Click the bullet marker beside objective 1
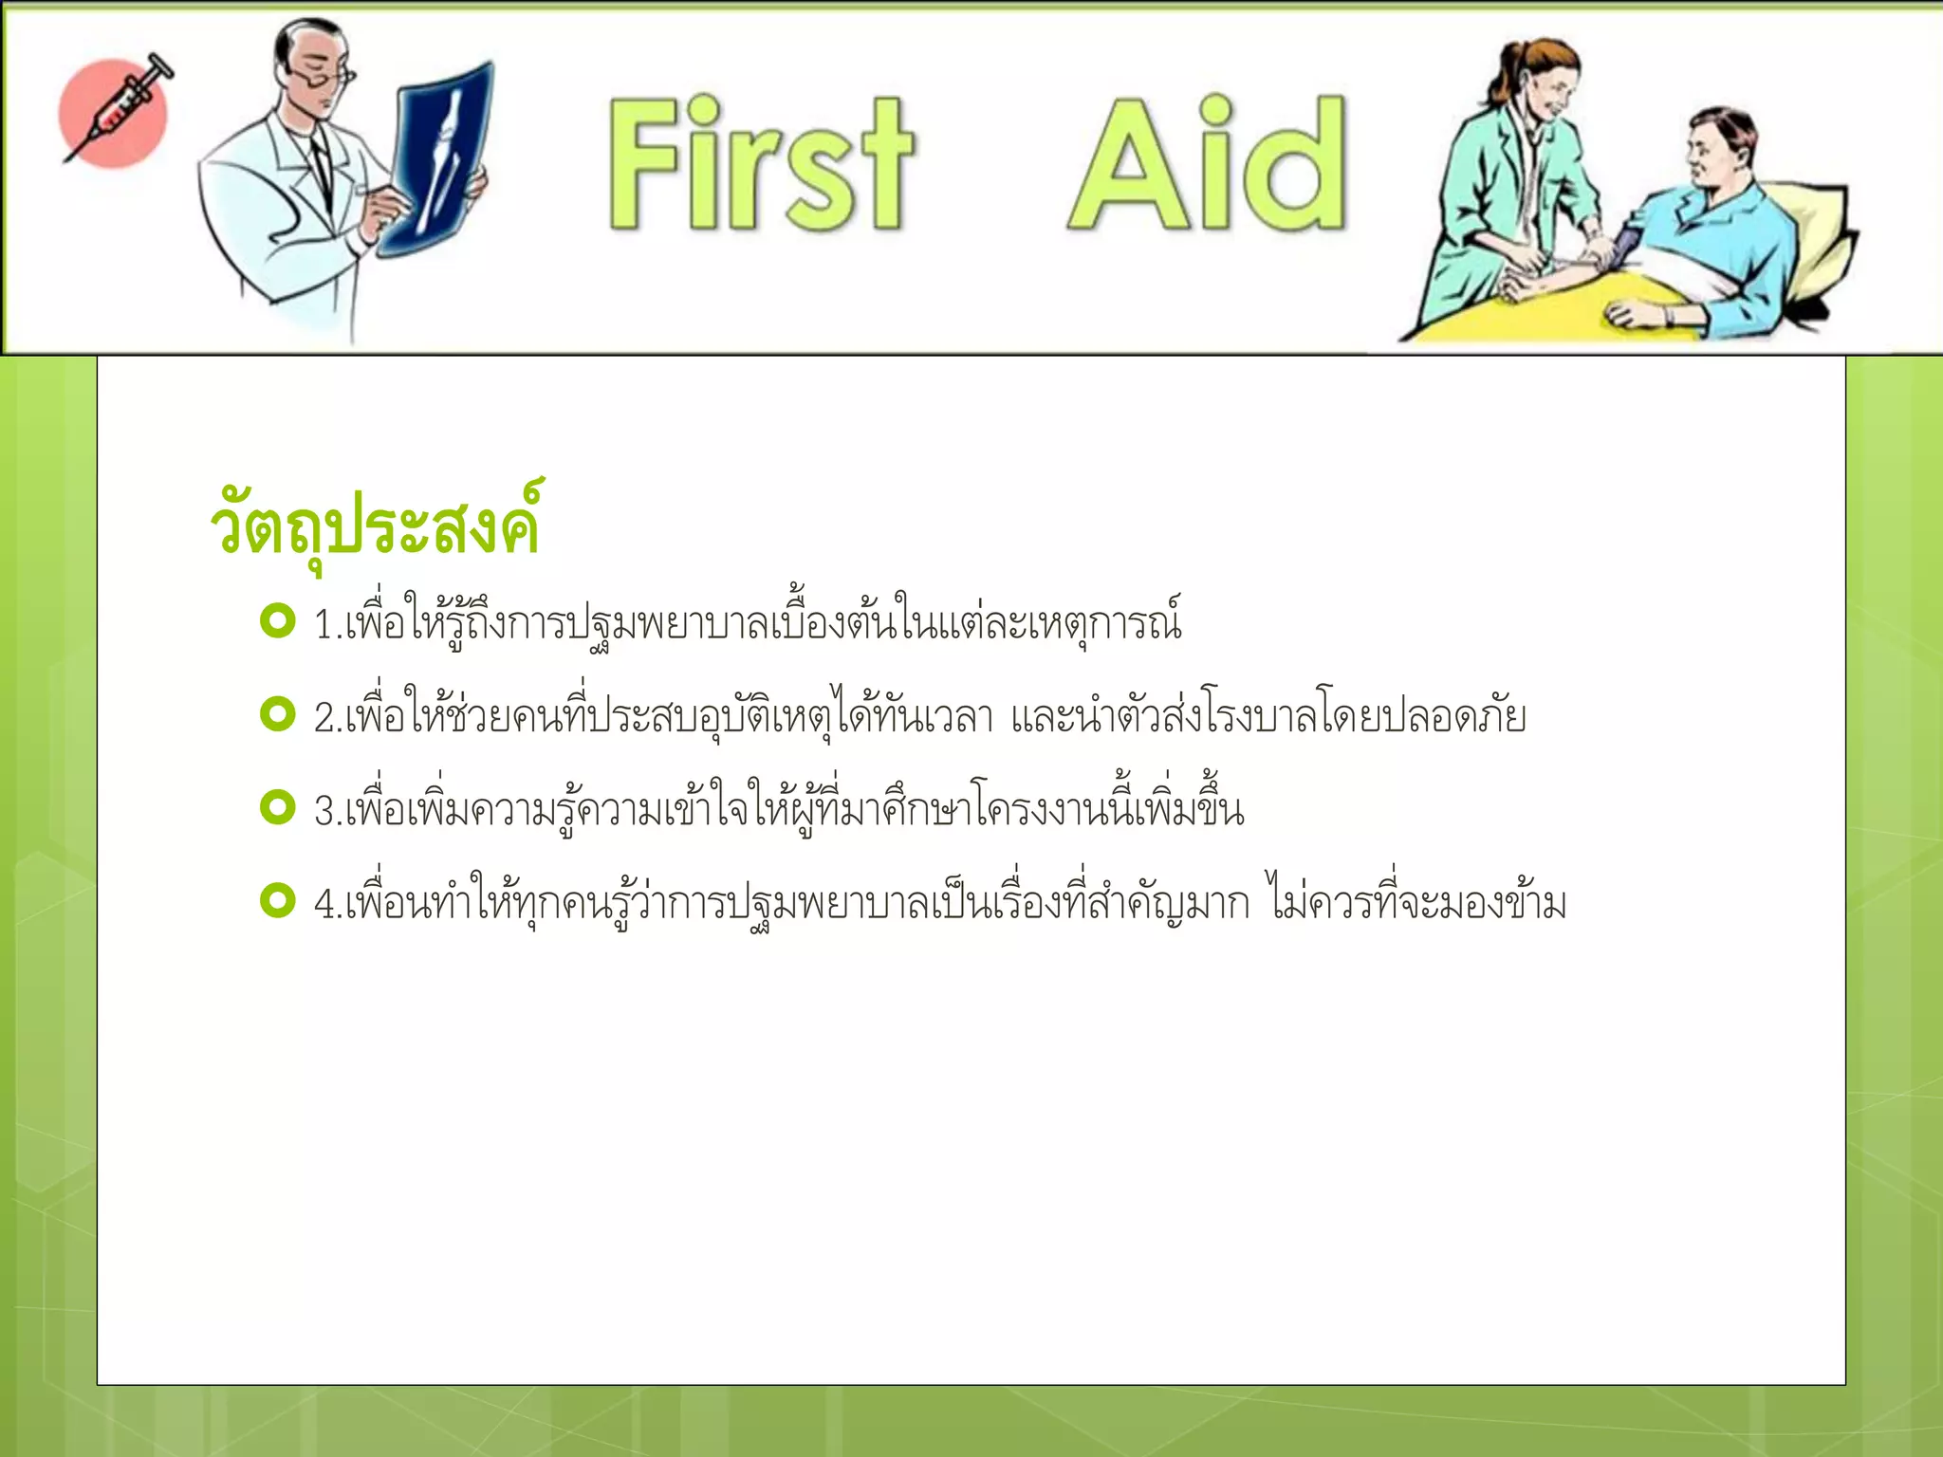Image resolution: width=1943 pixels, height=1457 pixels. [x=277, y=621]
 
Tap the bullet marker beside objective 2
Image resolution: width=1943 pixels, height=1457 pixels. [x=277, y=714]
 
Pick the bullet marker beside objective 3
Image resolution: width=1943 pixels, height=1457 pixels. [x=277, y=807]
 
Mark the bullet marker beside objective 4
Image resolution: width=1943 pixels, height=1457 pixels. [x=277, y=900]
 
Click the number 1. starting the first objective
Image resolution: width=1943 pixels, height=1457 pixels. [x=328, y=625]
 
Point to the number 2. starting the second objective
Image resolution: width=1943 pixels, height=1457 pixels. [x=328, y=718]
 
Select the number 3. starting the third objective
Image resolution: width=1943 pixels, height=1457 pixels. [x=328, y=811]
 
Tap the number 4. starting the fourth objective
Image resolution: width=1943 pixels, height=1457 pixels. [x=328, y=904]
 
